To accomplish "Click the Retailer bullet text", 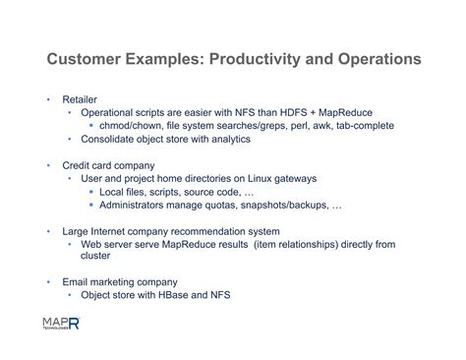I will [80, 100].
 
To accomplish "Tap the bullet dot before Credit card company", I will [46, 165].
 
